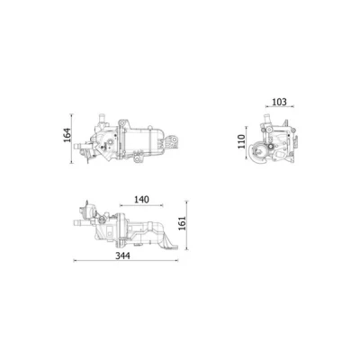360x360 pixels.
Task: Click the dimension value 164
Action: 67,135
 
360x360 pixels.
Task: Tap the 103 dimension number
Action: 279,102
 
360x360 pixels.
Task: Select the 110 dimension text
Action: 241,141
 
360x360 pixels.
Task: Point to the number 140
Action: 141,199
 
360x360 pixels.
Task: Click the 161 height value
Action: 182,223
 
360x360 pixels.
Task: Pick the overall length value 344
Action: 123,256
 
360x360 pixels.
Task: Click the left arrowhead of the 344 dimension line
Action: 75,260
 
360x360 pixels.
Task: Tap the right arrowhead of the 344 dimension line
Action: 176,260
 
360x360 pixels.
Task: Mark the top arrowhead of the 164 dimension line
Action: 71,115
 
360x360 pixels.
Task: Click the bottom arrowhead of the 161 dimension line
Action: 186,248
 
